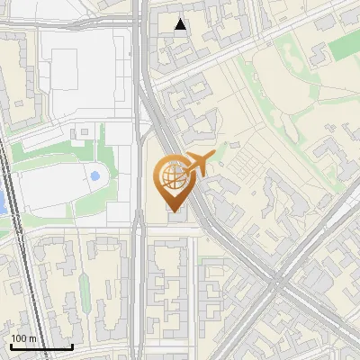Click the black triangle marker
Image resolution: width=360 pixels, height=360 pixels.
182,24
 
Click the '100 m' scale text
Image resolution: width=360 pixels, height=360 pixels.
23,338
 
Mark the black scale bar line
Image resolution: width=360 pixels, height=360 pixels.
41,346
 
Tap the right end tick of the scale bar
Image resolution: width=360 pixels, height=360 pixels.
72,345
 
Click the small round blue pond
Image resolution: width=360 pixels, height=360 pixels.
94,175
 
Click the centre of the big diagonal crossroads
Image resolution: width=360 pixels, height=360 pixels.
280,286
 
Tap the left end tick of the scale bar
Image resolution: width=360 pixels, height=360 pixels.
11,345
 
